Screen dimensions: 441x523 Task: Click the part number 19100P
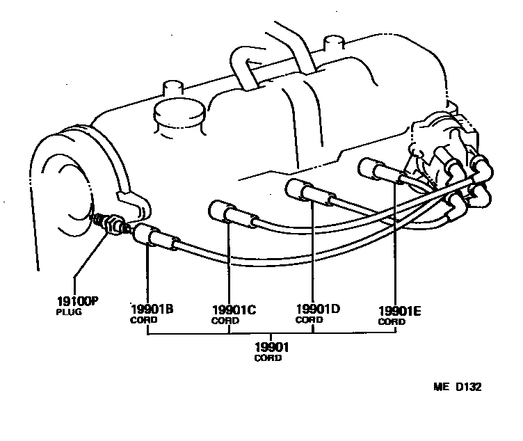(x=77, y=302)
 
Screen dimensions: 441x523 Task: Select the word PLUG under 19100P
(x=69, y=312)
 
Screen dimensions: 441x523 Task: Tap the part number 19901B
(x=152, y=309)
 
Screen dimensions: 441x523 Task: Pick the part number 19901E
(x=400, y=312)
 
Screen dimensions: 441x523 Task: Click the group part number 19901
(x=272, y=347)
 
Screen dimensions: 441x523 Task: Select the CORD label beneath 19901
(x=268, y=358)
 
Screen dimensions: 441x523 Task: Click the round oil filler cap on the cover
(x=177, y=115)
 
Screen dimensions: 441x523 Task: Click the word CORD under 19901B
(x=144, y=320)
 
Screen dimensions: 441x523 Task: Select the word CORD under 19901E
(x=392, y=322)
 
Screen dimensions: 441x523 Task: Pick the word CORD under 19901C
(x=225, y=321)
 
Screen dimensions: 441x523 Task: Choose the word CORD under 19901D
(x=309, y=320)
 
